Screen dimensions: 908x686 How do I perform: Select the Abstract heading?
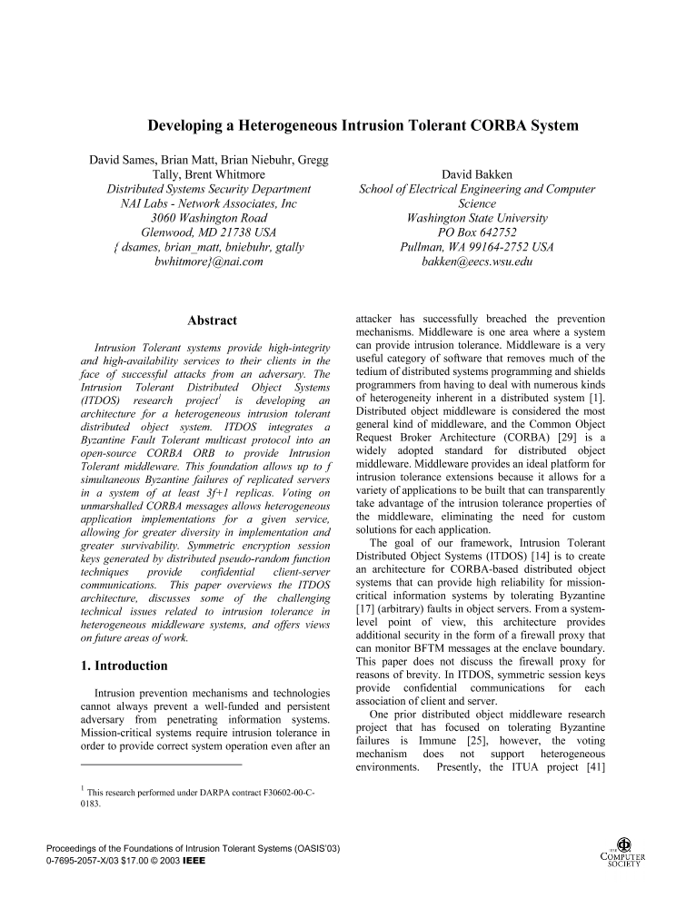[212, 321]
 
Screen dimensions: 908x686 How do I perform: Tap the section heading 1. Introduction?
[124, 665]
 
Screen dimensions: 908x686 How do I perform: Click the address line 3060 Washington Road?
[208, 218]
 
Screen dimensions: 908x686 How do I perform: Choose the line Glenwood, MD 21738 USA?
[208, 232]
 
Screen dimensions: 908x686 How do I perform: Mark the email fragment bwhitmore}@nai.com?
[209, 262]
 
